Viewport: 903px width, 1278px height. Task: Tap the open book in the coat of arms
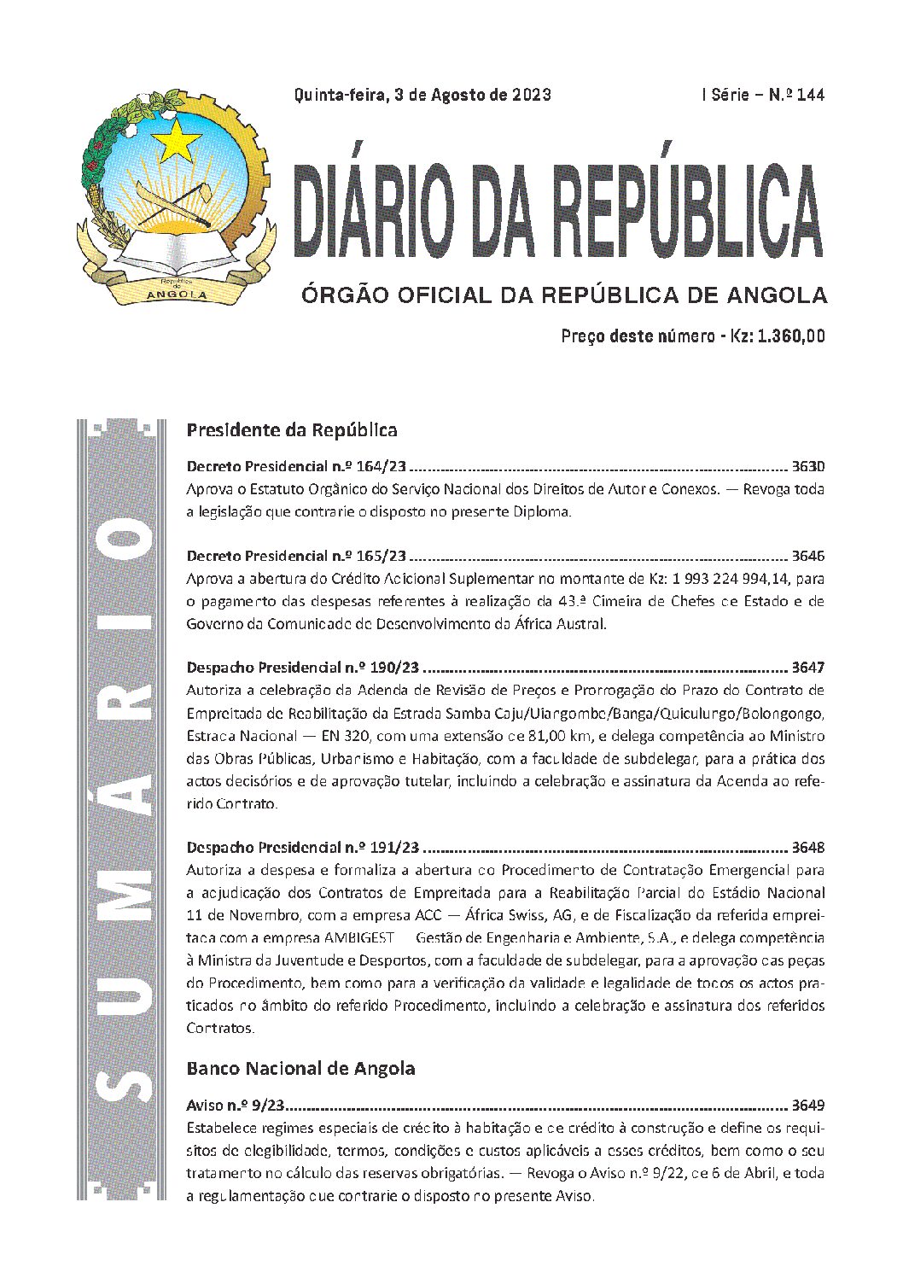(175, 248)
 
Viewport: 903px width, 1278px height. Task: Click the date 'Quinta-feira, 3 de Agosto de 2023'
(422, 95)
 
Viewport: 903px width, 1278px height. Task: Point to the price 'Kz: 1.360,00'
(777, 336)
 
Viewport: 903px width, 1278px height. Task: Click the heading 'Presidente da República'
(292, 429)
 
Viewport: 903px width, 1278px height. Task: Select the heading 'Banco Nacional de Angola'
(300, 1068)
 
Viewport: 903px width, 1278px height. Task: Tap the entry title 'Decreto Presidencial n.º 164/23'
(295, 467)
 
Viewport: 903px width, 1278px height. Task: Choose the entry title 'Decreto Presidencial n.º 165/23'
(295, 556)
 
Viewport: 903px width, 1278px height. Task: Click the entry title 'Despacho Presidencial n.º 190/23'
(303, 668)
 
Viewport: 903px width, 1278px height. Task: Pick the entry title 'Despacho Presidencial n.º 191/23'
(303, 848)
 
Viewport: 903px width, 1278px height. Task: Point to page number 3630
(807, 467)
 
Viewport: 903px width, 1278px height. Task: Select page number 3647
(807, 668)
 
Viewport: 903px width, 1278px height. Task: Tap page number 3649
(807, 1106)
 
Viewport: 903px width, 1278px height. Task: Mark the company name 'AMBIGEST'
(358, 937)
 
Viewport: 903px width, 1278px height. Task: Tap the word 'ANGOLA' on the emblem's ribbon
(177, 295)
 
